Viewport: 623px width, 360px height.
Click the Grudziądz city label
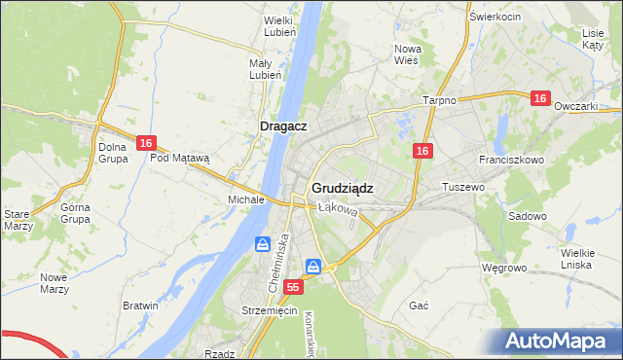pos(343,188)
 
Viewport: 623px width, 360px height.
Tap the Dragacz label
pos(284,126)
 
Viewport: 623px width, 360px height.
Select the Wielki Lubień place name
pos(279,25)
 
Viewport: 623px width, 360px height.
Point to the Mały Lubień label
pos(266,69)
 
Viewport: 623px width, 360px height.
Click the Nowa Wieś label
pos(406,54)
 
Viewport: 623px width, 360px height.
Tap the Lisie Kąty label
pos(593,38)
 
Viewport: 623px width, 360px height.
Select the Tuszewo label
pos(463,186)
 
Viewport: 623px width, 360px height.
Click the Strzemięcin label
pos(268,310)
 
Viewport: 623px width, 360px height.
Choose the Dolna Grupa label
pos(114,153)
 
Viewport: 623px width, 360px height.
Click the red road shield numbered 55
pos(294,288)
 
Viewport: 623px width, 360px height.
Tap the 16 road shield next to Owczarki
pos(541,99)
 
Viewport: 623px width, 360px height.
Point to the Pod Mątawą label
pos(187,157)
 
